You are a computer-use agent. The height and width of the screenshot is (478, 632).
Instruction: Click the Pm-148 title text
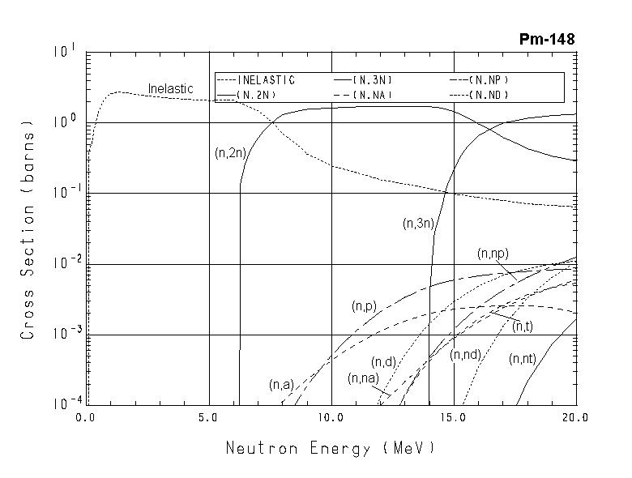point(547,40)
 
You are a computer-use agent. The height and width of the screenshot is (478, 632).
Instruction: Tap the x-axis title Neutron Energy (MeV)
point(330,447)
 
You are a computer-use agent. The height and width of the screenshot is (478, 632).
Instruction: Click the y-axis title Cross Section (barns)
point(28,230)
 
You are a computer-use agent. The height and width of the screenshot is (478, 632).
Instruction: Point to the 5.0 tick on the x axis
point(209,419)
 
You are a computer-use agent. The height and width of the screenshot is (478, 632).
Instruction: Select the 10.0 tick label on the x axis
point(331,419)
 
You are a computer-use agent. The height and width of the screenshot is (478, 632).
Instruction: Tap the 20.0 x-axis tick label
point(575,419)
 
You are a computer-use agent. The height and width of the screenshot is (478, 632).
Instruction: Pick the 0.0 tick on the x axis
point(86,419)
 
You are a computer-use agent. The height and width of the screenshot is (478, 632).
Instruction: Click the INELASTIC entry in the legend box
point(267,80)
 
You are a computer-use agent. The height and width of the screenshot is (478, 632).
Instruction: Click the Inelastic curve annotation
point(170,88)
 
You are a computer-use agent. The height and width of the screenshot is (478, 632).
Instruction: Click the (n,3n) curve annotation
point(419,224)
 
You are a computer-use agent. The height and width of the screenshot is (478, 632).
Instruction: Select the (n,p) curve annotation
point(364,306)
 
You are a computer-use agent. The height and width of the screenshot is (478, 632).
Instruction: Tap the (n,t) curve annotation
point(523,326)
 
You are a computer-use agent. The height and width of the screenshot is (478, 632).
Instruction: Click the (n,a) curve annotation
point(281,385)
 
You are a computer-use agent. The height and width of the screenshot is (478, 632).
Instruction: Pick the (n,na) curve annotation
point(364,378)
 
